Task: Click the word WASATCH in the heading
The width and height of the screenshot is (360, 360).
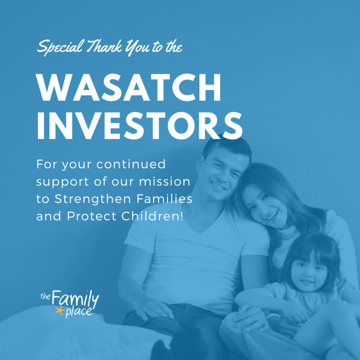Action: [128, 88]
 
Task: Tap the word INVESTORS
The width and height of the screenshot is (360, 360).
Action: [139, 126]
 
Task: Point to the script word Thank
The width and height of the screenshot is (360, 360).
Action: [104, 46]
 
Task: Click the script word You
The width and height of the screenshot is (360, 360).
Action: [137, 47]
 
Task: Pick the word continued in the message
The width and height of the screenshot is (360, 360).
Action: [131, 164]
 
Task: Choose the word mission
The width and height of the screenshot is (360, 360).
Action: [165, 182]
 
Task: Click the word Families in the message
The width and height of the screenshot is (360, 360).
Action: [165, 199]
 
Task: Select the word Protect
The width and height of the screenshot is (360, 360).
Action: [92, 216]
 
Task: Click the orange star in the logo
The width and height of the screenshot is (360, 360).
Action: [60, 310]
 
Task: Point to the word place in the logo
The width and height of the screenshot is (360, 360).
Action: [78, 312]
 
